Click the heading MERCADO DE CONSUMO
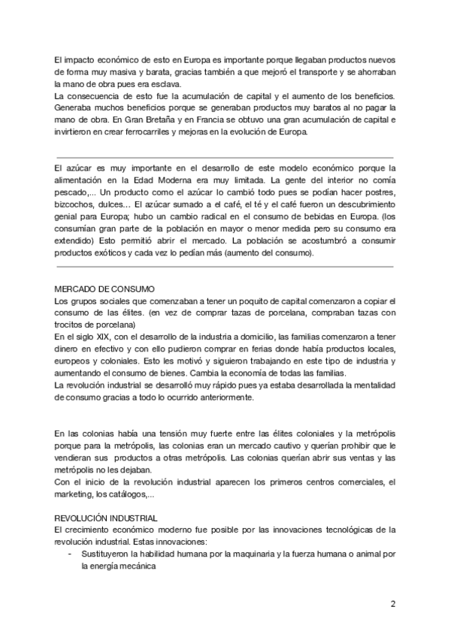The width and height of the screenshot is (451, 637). [x=104, y=289]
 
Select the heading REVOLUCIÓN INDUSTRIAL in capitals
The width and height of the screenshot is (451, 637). [x=106, y=518]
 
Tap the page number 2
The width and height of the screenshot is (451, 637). [x=392, y=603]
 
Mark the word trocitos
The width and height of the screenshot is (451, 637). [x=73, y=325]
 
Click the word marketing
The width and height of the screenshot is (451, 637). [x=75, y=494]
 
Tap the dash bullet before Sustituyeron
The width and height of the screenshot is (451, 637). [x=70, y=555]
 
